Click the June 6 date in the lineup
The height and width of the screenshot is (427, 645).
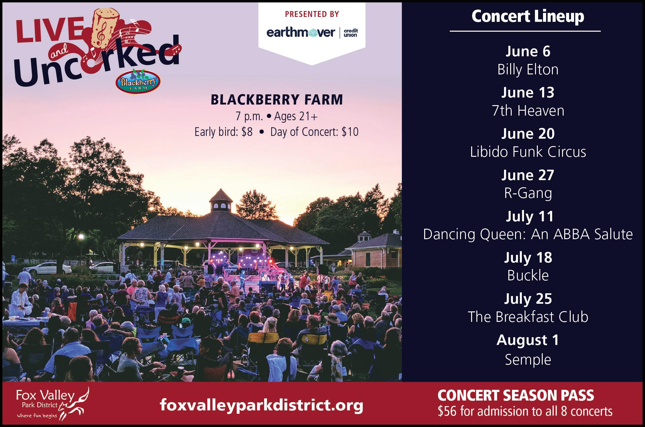pyautogui.click(x=528, y=51)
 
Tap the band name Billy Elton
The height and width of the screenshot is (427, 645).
pyautogui.click(x=528, y=69)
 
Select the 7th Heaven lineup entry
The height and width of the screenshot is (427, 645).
pyautogui.click(x=528, y=111)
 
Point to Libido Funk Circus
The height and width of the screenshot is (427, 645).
pyautogui.click(x=528, y=152)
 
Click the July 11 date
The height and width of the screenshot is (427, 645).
pyautogui.click(x=530, y=216)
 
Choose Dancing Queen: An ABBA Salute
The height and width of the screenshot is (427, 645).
pyautogui.click(x=528, y=234)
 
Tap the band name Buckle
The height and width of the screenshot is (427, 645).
pyautogui.click(x=528, y=275)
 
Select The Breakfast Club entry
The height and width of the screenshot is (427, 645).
pyautogui.click(x=528, y=317)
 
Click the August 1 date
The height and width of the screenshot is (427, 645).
pyautogui.click(x=528, y=340)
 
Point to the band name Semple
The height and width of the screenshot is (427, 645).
pyautogui.click(x=528, y=359)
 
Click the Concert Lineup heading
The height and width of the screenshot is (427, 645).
pyautogui.click(x=528, y=16)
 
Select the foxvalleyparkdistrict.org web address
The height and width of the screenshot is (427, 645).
pyautogui.click(x=262, y=405)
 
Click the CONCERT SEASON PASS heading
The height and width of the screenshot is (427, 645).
pyautogui.click(x=516, y=396)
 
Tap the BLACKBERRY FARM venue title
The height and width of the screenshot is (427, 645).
pyautogui.click(x=276, y=100)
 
